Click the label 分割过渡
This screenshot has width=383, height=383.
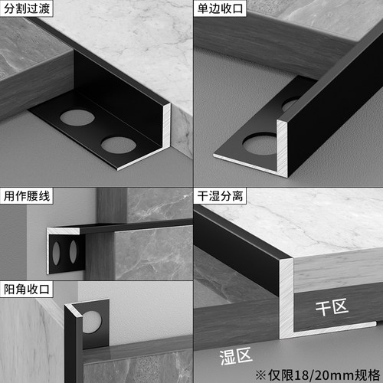(28, 9)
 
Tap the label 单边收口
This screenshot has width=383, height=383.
(219, 9)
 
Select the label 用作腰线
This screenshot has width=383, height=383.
(28, 197)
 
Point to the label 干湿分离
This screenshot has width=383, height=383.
(219, 197)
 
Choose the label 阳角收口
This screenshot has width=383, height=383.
(28, 291)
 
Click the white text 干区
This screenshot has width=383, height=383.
(332, 309)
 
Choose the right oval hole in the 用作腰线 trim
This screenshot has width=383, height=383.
(74, 252)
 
